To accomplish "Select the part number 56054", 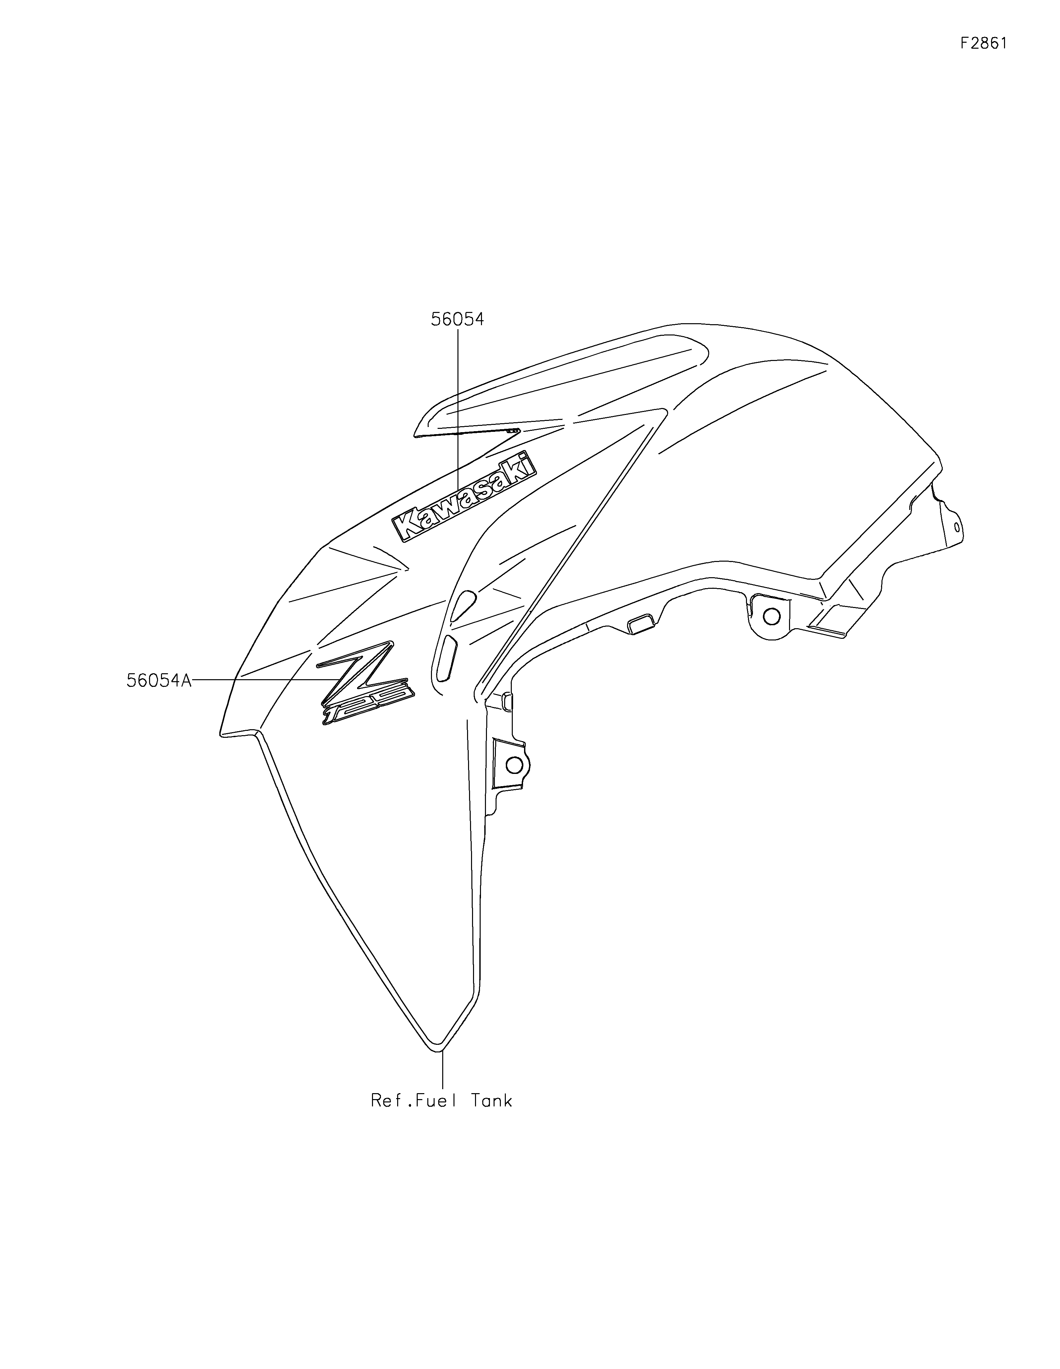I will [x=457, y=320].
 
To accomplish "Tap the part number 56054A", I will [x=159, y=680].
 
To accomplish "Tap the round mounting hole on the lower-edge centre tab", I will [x=772, y=617].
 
